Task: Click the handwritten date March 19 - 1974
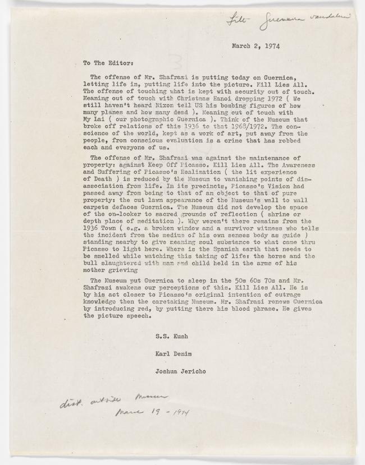tap(151, 413)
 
